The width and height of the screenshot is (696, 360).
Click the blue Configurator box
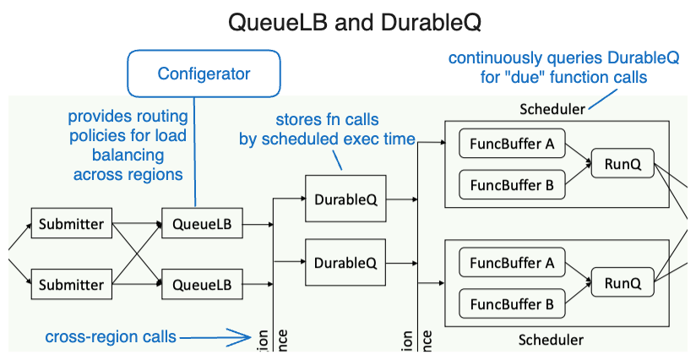pyautogui.click(x=204, y=74)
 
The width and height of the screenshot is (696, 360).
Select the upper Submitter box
pyautogui.click(x=71, y=224)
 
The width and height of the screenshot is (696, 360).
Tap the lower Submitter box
pyautogui.click(x=71, y=284)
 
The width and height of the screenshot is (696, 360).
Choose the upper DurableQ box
pyautogui.click(x=345, y=199)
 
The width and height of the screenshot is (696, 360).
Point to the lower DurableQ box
pyautogui.click(x=345, y=262)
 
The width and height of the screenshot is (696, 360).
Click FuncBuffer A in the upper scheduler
pyautogui.click(x=512, y=145)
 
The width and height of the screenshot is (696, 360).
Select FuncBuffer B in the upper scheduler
pyautogui.click(x=512, y=183)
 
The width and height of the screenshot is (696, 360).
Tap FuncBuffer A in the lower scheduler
pyautogui.click(x=512, y=265)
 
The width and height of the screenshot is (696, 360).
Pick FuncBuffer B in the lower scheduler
pyautogui.click(x=512, y=303)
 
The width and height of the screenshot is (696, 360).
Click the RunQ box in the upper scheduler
pyautogui.click(x=623, y=165)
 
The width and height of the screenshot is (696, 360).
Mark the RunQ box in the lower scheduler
pyautogui.click(x=623, y=284)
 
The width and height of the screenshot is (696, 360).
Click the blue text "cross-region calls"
pyautogui.click(x=111, y=337)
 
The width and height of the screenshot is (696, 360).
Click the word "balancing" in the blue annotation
pyautogui.click(x=129, y=155)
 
